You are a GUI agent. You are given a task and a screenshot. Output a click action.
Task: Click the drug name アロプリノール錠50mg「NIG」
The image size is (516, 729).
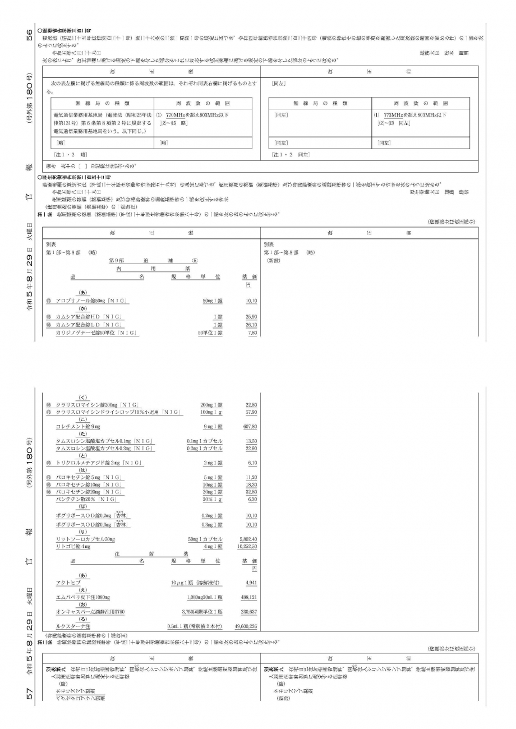91,301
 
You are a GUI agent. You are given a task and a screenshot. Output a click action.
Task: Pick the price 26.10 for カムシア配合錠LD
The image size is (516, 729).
251,325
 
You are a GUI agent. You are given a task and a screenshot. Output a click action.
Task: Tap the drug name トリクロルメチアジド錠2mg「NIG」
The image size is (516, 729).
99,463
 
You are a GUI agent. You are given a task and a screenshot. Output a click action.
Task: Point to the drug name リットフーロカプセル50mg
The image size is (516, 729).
85,539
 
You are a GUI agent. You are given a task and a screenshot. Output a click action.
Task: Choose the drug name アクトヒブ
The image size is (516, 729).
68,583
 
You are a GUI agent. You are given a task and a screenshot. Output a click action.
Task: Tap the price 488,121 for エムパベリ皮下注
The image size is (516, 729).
248,597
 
